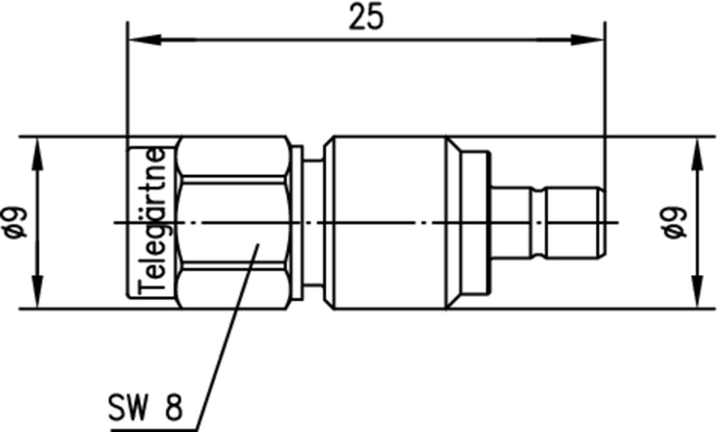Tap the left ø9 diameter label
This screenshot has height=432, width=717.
click(17, 222)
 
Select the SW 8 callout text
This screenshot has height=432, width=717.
click(145, 408)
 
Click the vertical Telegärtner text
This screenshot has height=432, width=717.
click(152, 222)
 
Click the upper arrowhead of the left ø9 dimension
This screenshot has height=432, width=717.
click(38, 154)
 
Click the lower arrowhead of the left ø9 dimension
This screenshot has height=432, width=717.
click(38, 291)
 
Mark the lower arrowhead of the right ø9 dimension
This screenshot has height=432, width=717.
click(697, 291)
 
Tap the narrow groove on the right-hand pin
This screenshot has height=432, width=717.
click(538, 222)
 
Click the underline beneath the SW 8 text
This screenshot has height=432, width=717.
click(154, 430)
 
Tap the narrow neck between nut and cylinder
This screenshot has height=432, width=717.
click(314, 222)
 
